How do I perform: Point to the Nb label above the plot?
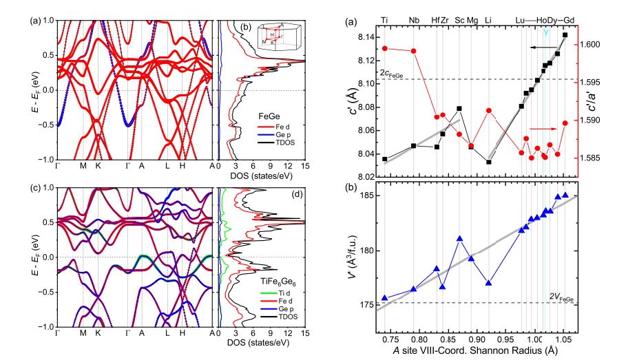tap(414, 20)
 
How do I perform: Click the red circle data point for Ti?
tap(385, 48)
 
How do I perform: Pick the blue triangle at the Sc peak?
tap(460, 239)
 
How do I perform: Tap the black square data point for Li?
tap(488, 162)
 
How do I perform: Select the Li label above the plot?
tap(488, 20)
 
